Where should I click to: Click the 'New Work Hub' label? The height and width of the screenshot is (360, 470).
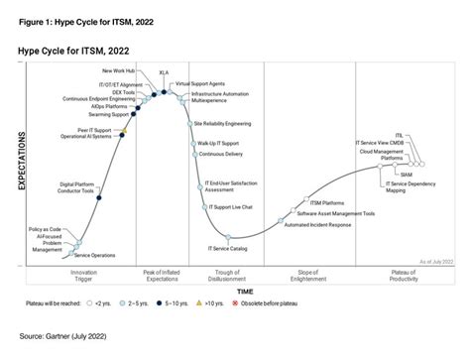[120, 70]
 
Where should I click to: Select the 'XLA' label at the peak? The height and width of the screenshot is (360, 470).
[164, 72]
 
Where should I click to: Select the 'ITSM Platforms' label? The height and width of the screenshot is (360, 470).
[331, 203]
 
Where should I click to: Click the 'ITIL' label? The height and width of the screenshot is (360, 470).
[399, 135]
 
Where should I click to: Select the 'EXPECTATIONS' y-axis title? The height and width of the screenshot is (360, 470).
[23, 170]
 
